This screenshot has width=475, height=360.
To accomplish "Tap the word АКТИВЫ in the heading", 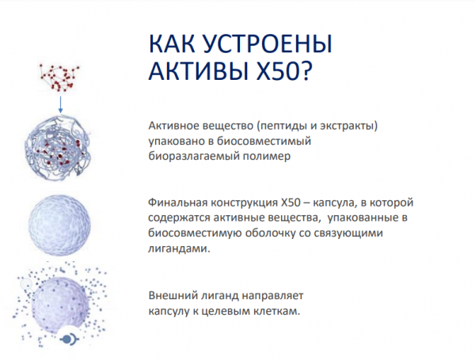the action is pos(199,71).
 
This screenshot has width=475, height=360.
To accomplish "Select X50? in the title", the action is pos(283,71).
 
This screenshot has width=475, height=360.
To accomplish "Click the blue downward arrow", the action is pos(61,104).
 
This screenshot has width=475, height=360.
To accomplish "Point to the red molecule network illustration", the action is pos(59,78).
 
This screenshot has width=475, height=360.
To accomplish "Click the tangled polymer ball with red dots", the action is pos(58,149).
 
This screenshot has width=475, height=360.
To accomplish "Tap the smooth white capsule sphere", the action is pos(59,225).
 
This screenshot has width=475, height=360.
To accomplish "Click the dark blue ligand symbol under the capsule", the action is pos(70,339).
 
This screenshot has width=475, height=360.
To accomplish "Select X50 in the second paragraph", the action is pos(291,203).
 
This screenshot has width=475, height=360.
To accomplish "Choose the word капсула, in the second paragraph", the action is pos(333,203).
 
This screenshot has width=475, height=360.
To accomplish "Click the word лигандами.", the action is pos(179,248).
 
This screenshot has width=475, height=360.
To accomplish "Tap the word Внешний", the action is pos(173,295).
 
